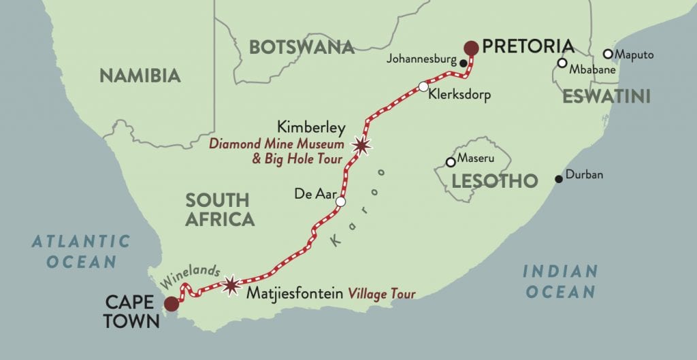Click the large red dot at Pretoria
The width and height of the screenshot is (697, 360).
pos(470,47)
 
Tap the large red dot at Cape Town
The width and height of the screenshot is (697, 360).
pos(172,304)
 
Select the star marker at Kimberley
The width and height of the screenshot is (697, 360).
pos(361,145)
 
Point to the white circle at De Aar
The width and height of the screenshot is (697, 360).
pos(340,202)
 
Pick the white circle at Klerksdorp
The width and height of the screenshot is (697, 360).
pos(423,87)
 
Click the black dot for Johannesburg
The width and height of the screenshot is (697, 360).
pos(464,64)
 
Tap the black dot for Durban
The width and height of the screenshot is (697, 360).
pos(559,179)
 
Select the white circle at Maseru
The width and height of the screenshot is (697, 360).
pos(450,163)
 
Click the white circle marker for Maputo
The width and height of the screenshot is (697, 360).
pos(608,54)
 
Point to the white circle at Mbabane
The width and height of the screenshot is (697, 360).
pos(562,63)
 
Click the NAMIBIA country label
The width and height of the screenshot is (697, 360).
pos(140,76)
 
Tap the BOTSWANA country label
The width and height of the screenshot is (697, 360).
pos(302,47)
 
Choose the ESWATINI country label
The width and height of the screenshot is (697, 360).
pos(606,97)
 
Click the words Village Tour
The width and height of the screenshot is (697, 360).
pos(382,295)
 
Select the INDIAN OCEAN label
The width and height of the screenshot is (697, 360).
pos(559,281)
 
